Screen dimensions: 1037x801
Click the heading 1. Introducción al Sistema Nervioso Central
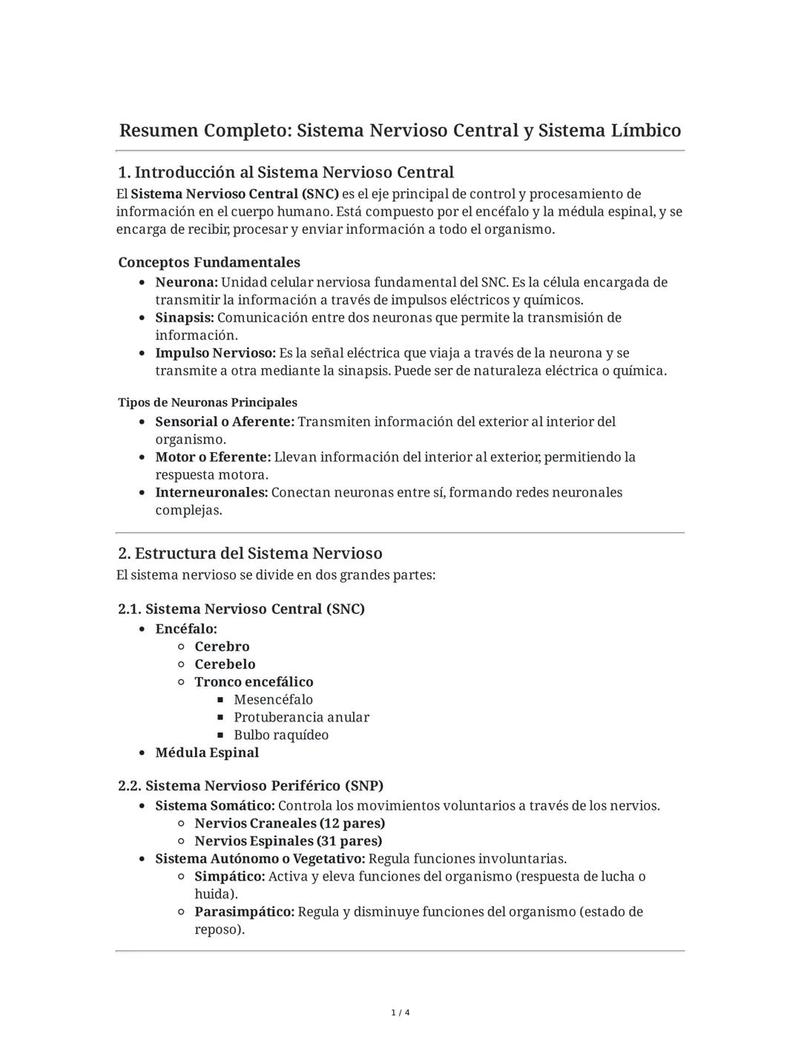(286, 172)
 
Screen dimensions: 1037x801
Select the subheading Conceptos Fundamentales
(209, 262)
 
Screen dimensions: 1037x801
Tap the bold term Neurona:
(186, 282)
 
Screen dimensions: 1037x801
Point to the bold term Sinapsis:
(184, 318)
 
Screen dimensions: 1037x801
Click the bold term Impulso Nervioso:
(215, 353)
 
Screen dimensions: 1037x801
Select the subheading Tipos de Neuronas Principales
(208, 402)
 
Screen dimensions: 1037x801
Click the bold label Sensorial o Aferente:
(225, 422)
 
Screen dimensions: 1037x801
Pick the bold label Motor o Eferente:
(213, 457)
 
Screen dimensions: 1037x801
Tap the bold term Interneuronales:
(211, 492)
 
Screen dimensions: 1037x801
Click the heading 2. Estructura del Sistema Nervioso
(250, 553)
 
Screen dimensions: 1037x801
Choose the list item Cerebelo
(225, 664)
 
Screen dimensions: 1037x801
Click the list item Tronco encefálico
(254, 681)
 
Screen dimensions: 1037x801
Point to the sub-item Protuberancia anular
(301, 717)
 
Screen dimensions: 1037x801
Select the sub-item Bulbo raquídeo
(281, 735)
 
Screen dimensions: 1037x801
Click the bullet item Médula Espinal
(207, 753)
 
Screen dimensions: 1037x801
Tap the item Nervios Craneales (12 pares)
(289, 823)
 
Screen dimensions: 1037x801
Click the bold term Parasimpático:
(244, 912)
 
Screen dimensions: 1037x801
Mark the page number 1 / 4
(400, 1013)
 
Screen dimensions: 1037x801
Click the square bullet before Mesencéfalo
(220, 700)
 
